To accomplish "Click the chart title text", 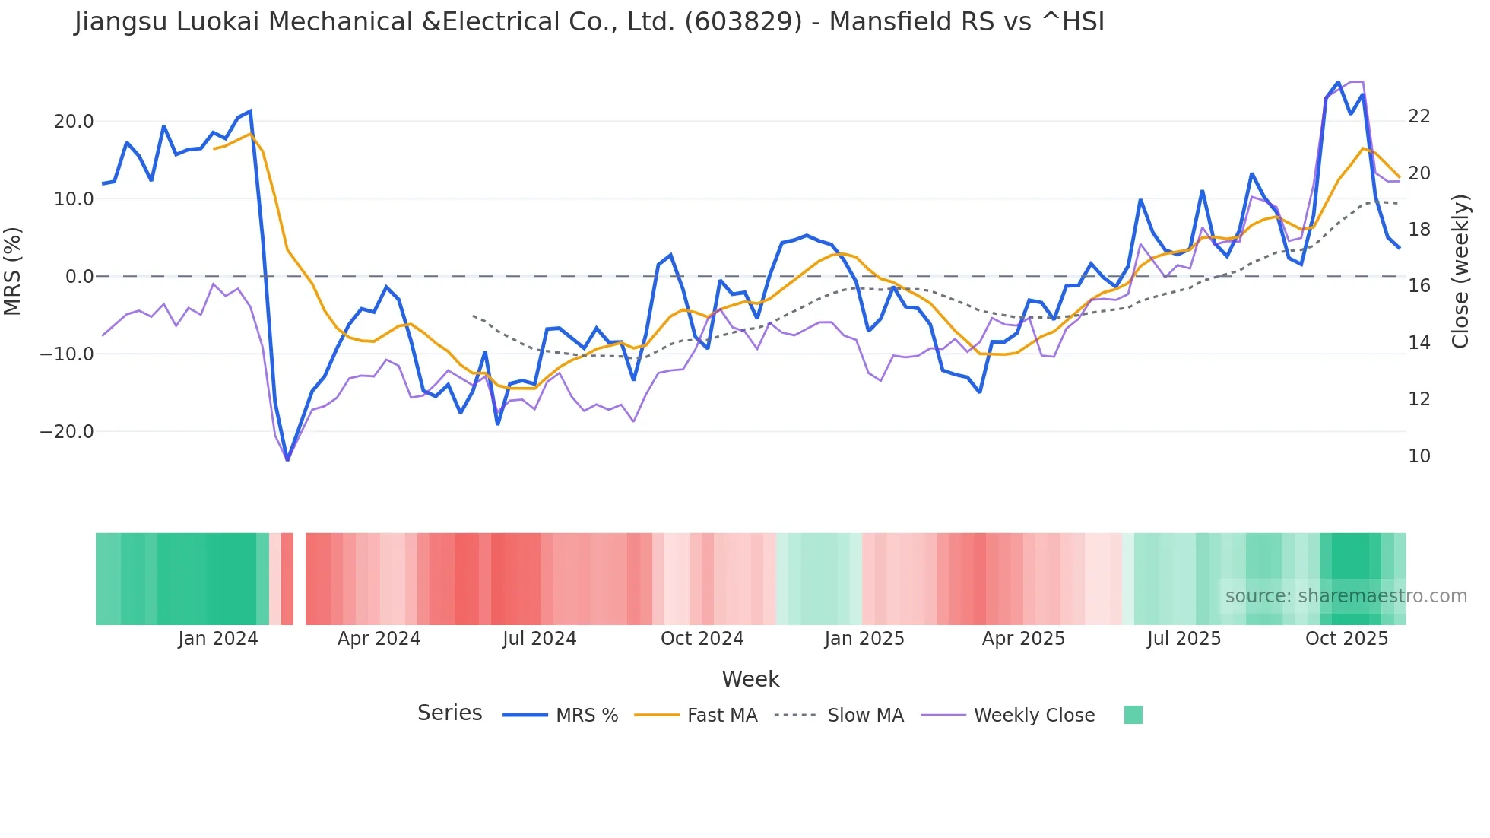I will point(589,22).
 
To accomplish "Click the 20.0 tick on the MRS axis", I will point(74,122).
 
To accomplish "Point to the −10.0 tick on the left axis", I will point(67,354).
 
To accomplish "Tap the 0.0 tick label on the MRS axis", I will point(80,277).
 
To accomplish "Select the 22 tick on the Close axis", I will point(1419,116).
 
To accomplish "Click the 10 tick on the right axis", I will point(1419,456).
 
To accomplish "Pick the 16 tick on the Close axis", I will point(1419,286).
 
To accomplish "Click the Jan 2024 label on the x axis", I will point(218,639).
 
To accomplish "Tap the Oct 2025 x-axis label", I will point(1346,639).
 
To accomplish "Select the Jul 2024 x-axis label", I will point(539,639).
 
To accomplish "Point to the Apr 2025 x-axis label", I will point(1023,639).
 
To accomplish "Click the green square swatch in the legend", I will point(1133,715).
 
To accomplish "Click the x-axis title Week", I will point(750,679).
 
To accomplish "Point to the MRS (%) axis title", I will point(13,271).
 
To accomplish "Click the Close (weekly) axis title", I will point(1460,271).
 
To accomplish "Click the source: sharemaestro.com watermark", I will point(1346,596).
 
